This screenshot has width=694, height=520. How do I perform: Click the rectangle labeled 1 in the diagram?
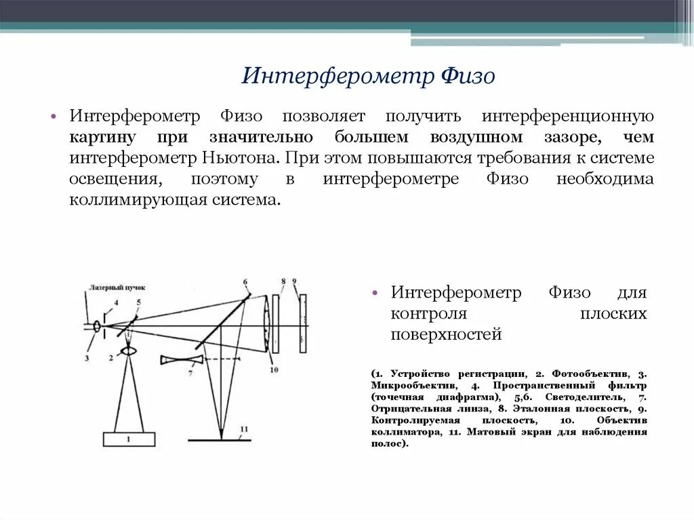(x=129, y=439)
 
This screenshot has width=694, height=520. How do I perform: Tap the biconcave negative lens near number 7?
(x=182, y=359)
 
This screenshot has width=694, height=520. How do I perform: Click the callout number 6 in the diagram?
(x=245, y=281)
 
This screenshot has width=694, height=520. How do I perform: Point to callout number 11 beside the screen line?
(x=244, y=429)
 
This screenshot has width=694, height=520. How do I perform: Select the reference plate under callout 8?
(x=279, y=323)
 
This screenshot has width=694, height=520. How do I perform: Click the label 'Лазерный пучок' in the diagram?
(x=116, y=287)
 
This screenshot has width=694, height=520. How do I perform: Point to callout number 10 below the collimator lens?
(x=274, y=369)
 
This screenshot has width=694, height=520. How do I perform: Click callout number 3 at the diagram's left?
(x=87, y=357)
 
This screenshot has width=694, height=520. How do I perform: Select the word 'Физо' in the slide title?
(x=469, y=75)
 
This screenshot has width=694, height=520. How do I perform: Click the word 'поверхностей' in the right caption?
(x=446, y=334)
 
